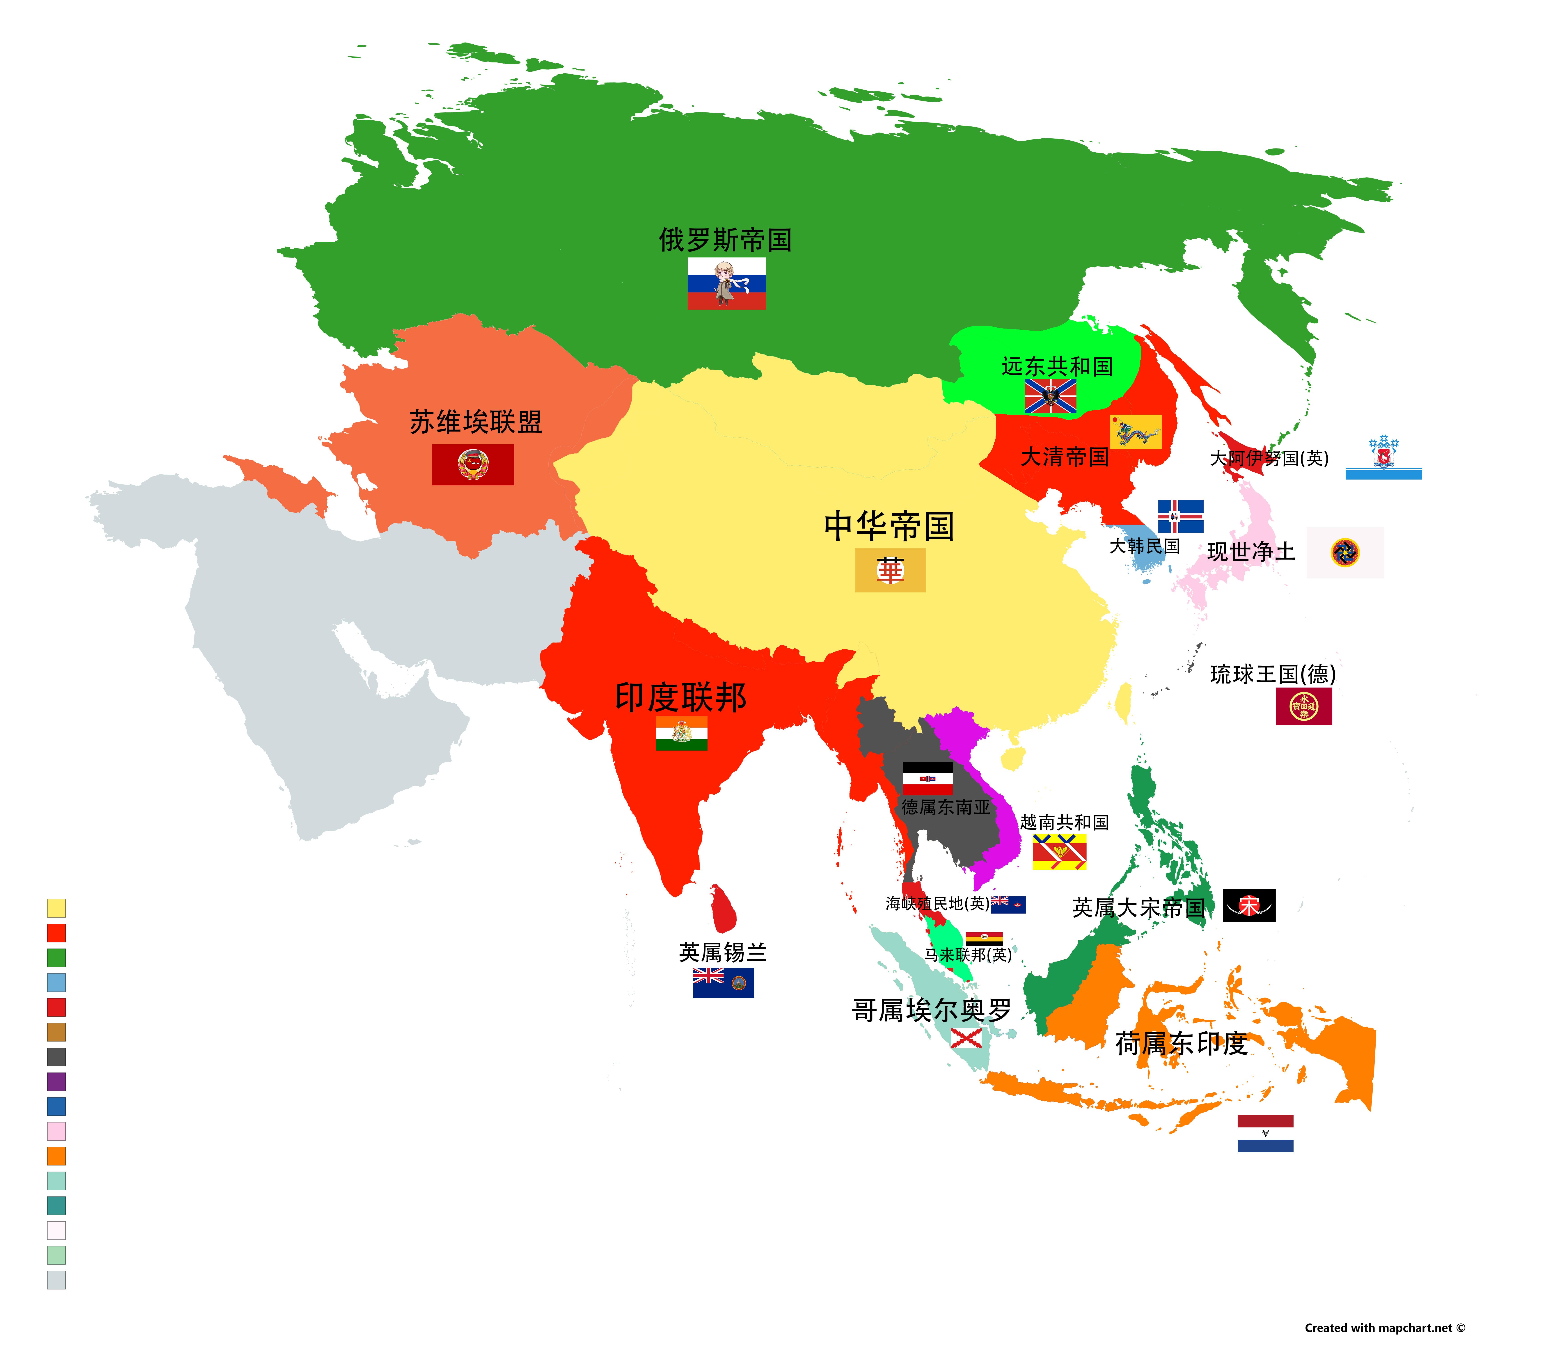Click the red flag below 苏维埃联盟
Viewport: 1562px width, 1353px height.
pos(473,464)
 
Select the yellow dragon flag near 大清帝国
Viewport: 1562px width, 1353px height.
pos(1135,432)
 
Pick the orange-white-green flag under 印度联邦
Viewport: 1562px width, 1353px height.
pos(681,733)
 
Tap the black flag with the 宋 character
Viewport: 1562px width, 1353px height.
pos(1248,905)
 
